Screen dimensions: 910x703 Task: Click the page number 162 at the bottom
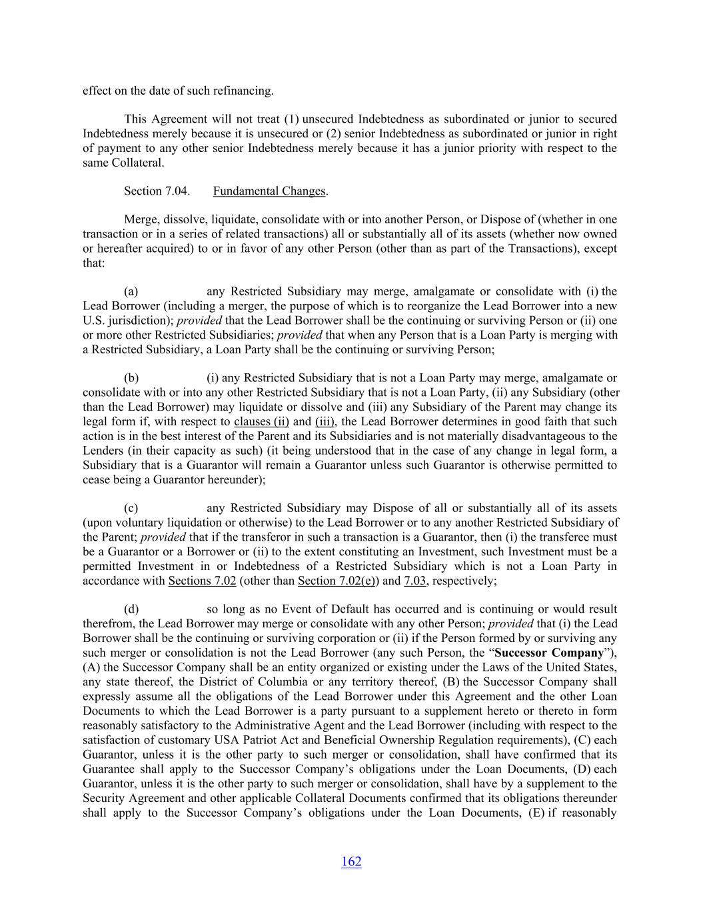351,861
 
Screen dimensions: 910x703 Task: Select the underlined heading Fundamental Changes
269,191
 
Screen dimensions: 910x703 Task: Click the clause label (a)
131,291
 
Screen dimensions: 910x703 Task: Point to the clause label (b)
131,378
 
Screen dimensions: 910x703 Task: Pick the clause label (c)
131,508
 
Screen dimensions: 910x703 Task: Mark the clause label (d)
131,609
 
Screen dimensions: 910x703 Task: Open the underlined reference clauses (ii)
261,421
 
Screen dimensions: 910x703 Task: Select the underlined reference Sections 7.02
202,581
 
